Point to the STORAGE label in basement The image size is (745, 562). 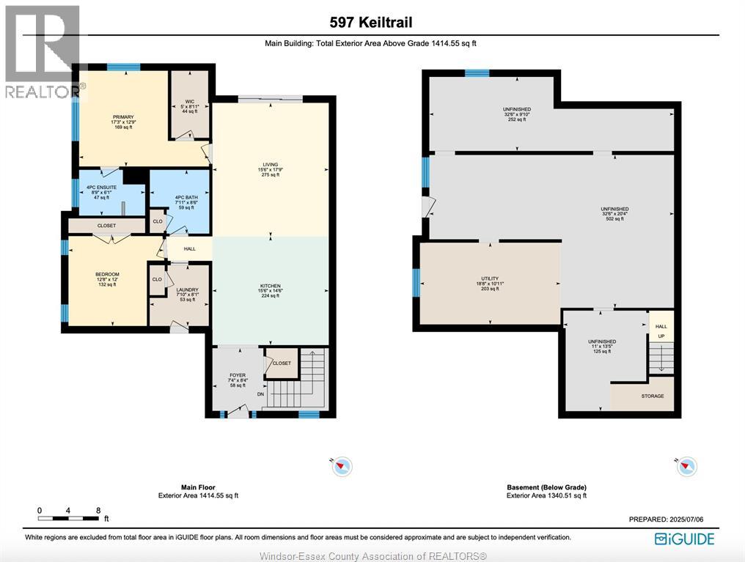(x=652, y=396)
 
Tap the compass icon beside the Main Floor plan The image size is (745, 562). (x=342, y=466)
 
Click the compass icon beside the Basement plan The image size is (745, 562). (x=686, y=466)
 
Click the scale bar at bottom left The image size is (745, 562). (x=69, y=518)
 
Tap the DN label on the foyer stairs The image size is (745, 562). (x=260, y=394)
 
